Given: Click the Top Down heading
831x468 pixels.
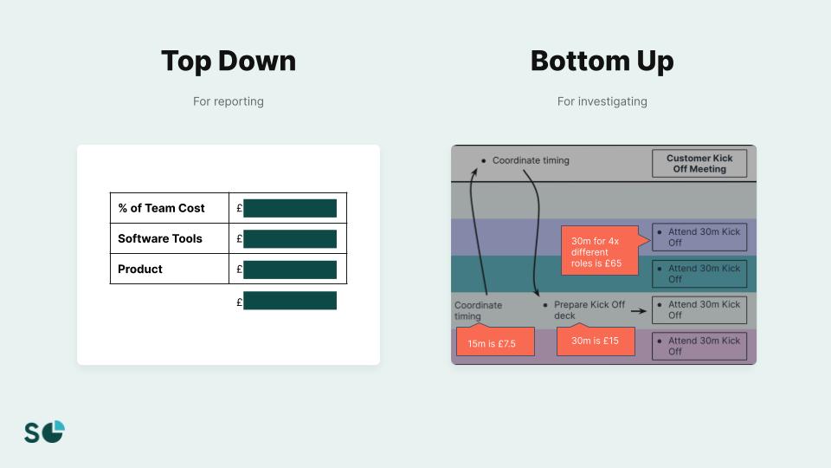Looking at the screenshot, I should [229, 62].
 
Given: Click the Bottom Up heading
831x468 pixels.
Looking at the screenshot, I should [602, 62].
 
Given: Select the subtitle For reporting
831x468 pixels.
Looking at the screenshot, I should [229, 101].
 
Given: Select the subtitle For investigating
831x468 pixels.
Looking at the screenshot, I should [602, 101].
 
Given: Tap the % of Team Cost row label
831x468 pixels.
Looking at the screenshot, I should [162, 208].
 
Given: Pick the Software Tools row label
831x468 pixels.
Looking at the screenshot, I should [160, 238].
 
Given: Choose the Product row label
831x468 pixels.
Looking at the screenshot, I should [140, 269].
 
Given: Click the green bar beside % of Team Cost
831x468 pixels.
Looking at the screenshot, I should [289, 208].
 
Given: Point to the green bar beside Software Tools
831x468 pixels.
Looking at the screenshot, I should [289, 238].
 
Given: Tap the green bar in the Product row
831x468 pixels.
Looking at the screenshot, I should [289, 270].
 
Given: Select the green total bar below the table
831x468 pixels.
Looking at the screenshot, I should [289, 301].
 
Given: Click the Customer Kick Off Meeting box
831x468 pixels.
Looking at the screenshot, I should [699, 164].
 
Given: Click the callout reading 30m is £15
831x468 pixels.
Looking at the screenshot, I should [595, 341].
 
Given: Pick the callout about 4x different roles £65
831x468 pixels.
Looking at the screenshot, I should [600, 251].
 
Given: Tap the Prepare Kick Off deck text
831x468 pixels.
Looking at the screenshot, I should [589, 310].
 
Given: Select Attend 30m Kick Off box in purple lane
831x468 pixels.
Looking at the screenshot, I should [699, 237].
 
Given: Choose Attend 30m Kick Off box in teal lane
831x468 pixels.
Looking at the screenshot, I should [699, 274].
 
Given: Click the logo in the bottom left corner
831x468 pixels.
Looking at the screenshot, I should [44, 432].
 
